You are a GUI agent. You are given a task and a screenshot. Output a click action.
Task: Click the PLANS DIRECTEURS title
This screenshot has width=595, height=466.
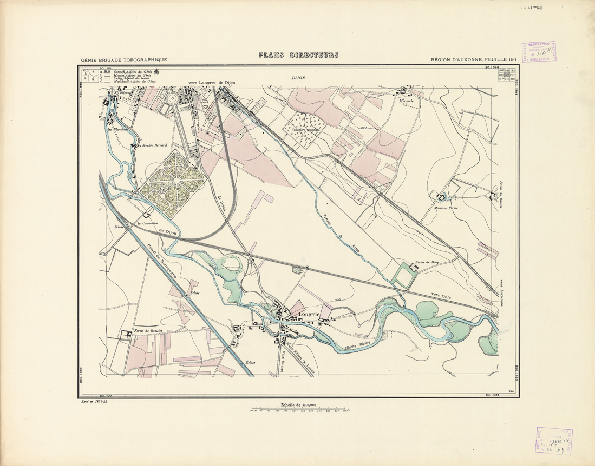tap(298, 55)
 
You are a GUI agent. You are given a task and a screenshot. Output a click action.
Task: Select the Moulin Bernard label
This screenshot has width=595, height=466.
tap(154, 145)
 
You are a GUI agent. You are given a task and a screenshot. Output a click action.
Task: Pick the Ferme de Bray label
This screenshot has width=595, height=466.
tap(426, 262)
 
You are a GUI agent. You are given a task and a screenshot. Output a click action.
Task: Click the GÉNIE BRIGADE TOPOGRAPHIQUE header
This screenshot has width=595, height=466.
tap(124, 60)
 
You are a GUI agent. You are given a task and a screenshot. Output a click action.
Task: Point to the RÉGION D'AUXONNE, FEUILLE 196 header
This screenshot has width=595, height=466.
tap(472, 60)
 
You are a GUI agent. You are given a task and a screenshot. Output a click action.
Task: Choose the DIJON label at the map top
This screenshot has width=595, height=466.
tap(298, 78)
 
